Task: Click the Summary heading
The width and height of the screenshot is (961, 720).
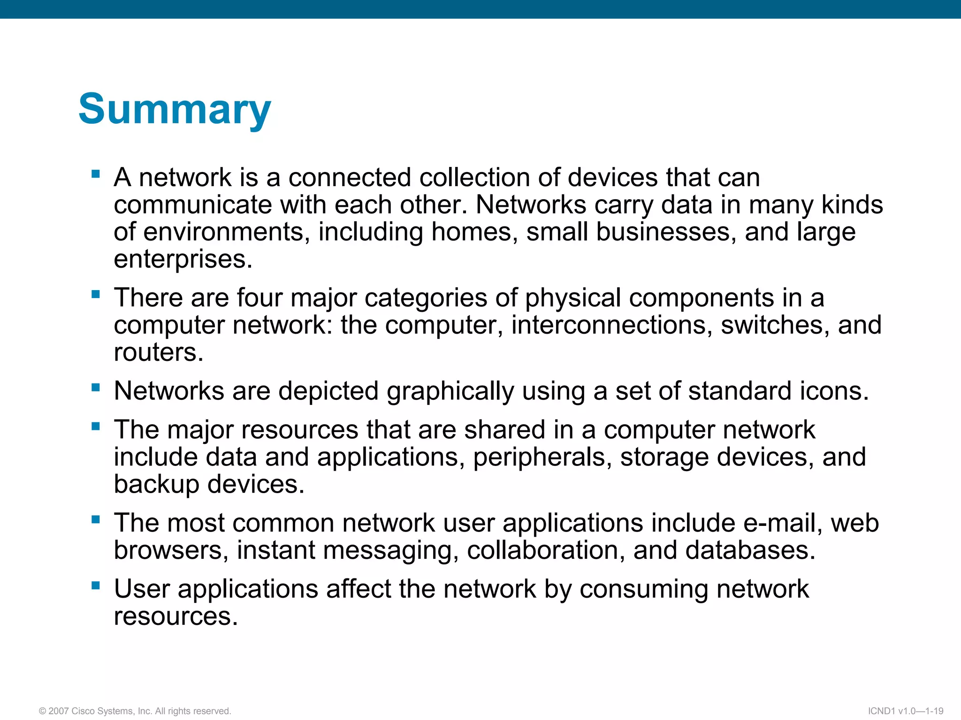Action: point(175,109)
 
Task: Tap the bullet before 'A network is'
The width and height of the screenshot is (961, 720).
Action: point(96,174)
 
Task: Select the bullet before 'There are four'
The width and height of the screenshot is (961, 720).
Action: point(96,295)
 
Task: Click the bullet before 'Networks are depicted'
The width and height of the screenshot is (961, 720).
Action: point(96,388)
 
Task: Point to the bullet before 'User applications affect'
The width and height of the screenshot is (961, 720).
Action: point(96,586)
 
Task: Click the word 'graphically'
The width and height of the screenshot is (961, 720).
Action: point(450,391)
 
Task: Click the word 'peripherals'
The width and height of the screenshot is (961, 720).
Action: point(539,457)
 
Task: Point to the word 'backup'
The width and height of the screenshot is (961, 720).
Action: point(156,485)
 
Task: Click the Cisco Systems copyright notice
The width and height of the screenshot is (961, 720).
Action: point(135,711)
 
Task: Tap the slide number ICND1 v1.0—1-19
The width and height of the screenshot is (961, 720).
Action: point(906,711)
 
